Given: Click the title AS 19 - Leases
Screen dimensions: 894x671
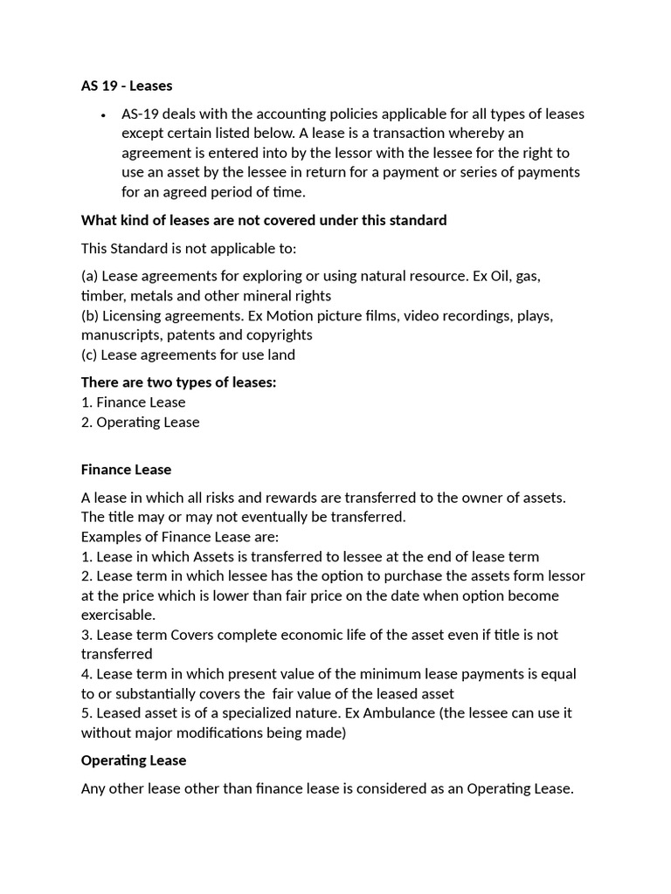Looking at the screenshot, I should click(x=127, y=86).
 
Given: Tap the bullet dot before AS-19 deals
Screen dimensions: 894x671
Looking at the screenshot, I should click(x=103, y=114).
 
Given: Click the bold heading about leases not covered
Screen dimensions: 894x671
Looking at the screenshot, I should click(x=264, y=220).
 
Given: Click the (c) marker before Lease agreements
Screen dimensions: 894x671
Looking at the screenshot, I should click(x=89, y=354).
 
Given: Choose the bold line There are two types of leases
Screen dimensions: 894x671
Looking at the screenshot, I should click(x=178, y=382).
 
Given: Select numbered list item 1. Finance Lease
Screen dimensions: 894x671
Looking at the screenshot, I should click(x=133, y=402).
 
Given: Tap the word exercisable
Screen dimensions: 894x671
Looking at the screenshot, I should click(x=118, y=615).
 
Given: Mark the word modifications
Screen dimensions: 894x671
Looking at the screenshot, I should click(x=247, y=732).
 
